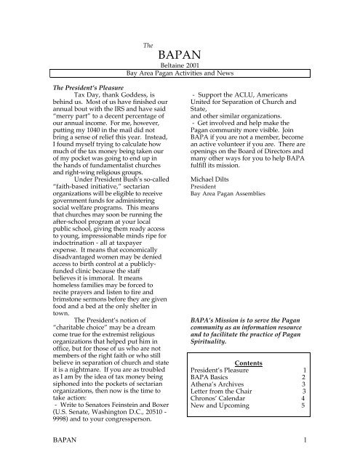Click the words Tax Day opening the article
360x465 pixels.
pyautogui.click(x=93, y=114)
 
